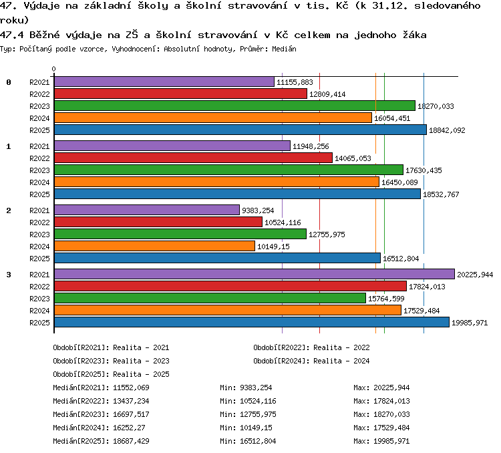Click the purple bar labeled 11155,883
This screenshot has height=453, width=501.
pyautogui.click(x=164, y=82)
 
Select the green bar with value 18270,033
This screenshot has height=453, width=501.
pyautogui.click(x=235, y=106)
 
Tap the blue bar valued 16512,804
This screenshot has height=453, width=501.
pyautogui.click(x=218, y=258)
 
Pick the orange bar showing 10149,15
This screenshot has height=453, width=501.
pyautogui.click(x=155, y=246)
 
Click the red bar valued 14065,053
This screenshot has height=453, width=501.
pyautogui.click(x=193, y=158)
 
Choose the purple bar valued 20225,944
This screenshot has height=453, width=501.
pyautogui.click(x=255, y=274)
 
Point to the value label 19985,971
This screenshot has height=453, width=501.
pyautogui.click(x=470, y=323)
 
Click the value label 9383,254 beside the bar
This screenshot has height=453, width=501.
pyautogui.click(x=258, y=210)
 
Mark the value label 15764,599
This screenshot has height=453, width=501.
pyautogui.click(x=386, y=299)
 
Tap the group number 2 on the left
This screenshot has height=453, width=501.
pyautogui.click(x=9, y=210)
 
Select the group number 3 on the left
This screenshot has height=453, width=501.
pyautogui.click(x=9, y=275)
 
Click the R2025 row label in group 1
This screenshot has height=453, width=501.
pyautogui.click(x=39, y=194)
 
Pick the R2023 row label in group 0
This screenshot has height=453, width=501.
pyautogui.click(x=39, y=106)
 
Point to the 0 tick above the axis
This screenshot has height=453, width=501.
pyautogui.click(x=53, y=69)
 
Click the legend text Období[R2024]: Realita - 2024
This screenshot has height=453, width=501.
pyautogui.click(x=311, y=361)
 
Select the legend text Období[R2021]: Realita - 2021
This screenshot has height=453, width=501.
pyautogui.click(x=111, y=347)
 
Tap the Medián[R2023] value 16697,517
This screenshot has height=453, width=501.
pyautogui.click(x=131, y=414)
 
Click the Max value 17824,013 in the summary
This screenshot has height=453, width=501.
pyautogui.click(x=391, y=401)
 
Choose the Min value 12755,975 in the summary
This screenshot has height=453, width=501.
pyautogui.click(x=258, y=414)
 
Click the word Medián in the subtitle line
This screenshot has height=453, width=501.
pyautogui.click(x=284, y=49)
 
